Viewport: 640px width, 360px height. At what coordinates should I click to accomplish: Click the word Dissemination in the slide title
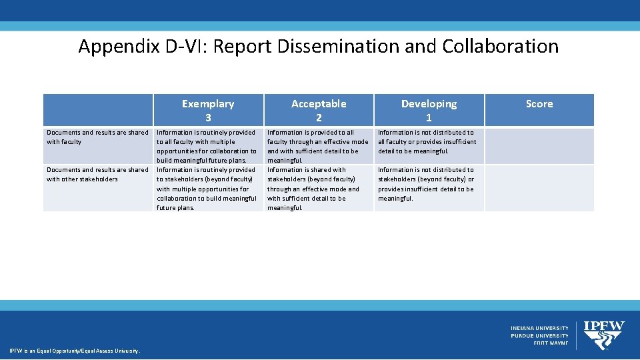[352, 46]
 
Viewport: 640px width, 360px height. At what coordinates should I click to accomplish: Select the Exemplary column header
[208, 110]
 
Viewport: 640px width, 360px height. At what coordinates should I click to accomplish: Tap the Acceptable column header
[319, 110]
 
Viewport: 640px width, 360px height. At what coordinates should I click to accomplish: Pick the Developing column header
[429, 110]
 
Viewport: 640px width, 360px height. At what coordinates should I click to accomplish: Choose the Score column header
[539, 104]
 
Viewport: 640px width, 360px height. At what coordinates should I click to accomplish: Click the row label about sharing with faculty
[97, 137]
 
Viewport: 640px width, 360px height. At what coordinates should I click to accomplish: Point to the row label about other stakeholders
[97, 174]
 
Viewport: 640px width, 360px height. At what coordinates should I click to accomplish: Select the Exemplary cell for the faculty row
[207, 146]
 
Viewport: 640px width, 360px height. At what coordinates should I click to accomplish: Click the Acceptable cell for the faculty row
[317, 146]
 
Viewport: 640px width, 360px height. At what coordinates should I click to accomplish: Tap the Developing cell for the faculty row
[427, 141]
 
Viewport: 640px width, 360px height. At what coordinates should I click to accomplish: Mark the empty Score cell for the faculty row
[539, 146]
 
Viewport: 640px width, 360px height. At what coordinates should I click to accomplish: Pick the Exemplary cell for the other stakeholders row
[207, 189]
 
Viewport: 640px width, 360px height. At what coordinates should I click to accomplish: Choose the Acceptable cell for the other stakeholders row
[317, 189]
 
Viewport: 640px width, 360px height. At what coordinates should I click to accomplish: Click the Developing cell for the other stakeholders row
[427, 184]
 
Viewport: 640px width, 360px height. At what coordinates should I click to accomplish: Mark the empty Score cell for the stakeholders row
[539, 189]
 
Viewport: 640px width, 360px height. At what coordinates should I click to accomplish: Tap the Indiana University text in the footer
[540, 328]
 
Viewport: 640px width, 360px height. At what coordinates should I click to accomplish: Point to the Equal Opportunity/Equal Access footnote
[74, 351]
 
